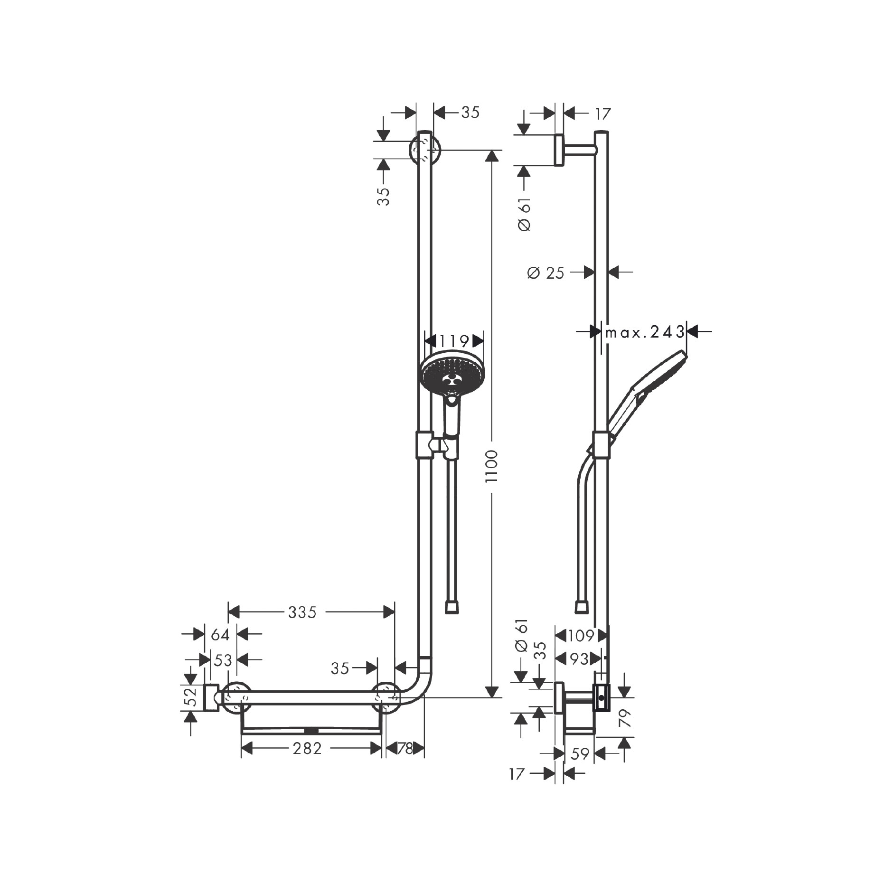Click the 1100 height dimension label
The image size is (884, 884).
492,466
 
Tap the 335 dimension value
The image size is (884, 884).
302,613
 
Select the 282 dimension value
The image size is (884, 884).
308,749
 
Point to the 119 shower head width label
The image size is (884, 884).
454,341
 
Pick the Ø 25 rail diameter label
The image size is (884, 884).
545,273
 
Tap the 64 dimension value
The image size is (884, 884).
220,634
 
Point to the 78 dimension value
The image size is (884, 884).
404,749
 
